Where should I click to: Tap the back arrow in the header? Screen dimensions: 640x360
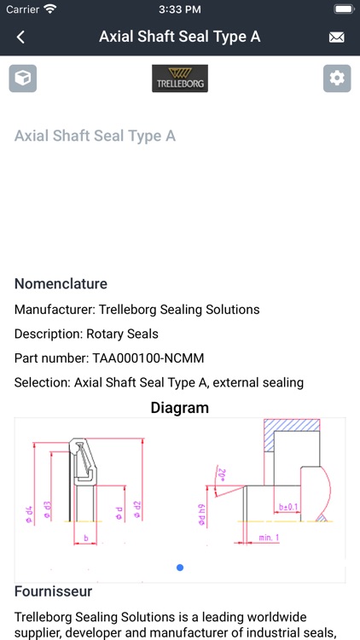click(21, 37)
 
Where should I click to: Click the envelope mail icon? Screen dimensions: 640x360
click(337, 38)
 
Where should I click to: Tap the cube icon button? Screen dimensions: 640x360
click(23, 79)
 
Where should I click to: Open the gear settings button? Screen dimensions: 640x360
click(337, 79)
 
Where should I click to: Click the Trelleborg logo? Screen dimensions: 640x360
click(180, 79)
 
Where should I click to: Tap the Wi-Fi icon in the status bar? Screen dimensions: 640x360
click(50, 9)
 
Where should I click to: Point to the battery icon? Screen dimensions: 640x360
click(343, 9)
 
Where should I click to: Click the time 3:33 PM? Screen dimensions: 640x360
click(179, 9)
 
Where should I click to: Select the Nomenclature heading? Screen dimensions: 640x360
click(61, 283)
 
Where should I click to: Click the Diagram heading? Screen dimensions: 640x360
click(180, 408)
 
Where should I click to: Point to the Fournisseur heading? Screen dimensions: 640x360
click(53, 591)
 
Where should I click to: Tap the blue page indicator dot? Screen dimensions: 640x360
click(179, 567)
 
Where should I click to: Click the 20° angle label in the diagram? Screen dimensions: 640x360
click(221, 474)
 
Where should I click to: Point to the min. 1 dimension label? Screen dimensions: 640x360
click(270, 538)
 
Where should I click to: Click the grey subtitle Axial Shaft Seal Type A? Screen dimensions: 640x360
click(96, 136)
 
